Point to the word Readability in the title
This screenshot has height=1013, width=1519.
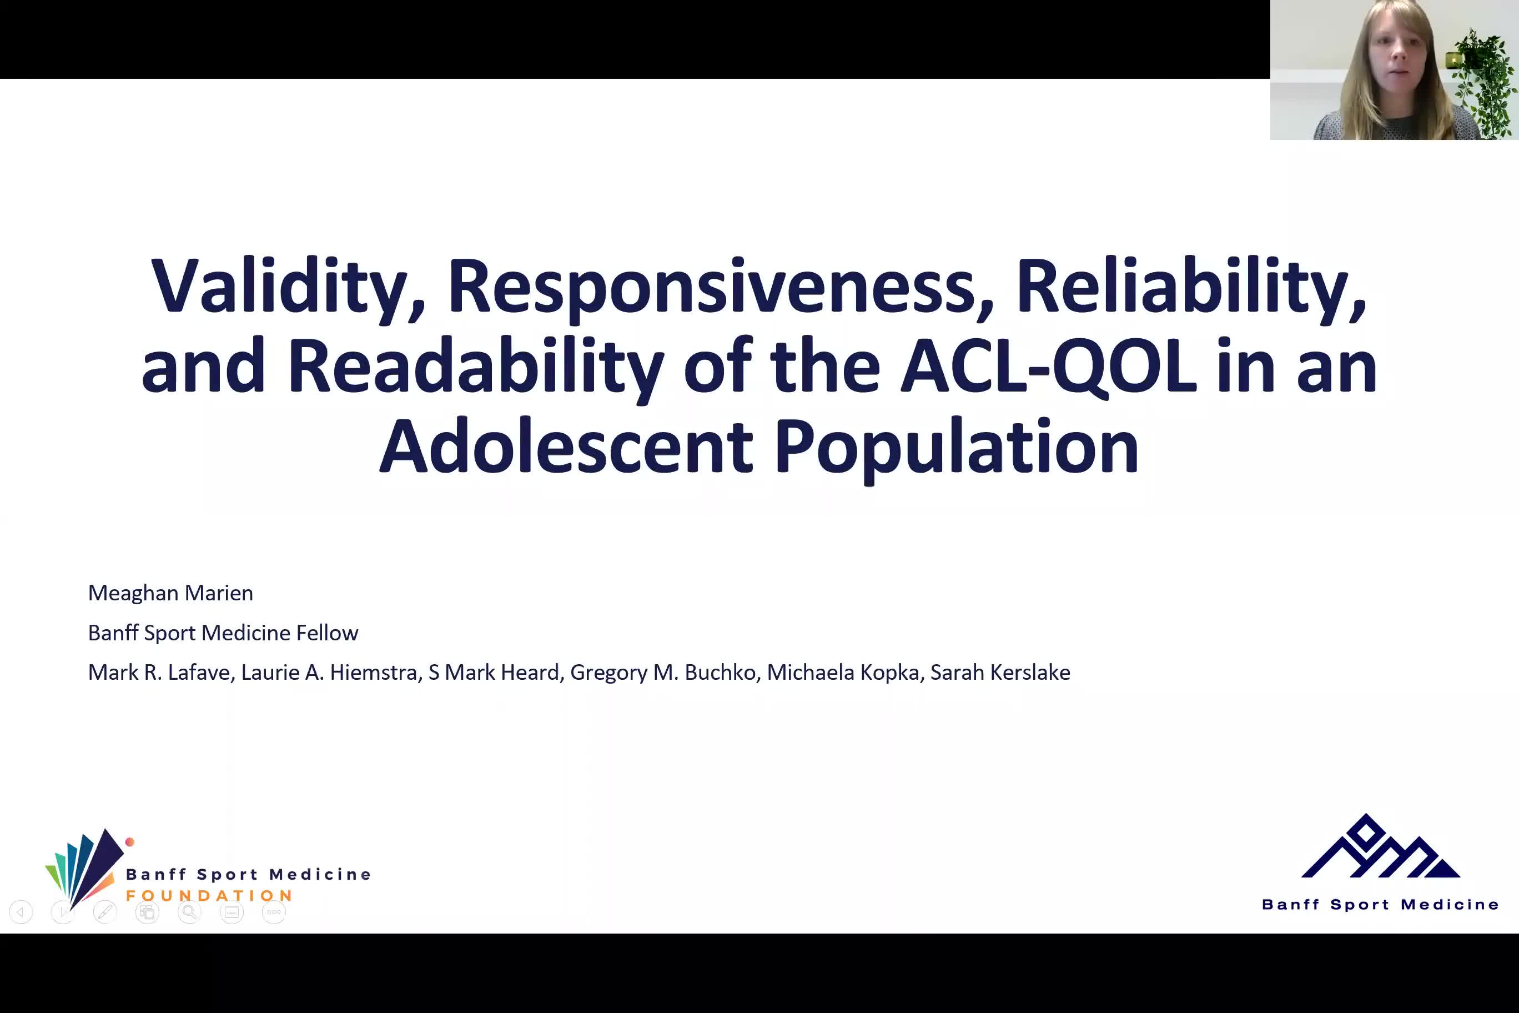476,367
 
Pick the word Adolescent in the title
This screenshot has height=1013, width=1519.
566,447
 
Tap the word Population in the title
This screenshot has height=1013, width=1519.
957,448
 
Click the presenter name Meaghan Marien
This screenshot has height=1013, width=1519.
170,593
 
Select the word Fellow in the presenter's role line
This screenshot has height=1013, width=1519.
327,633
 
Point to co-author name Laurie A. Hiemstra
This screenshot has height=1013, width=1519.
331,673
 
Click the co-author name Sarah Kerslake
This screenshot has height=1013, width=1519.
1000,673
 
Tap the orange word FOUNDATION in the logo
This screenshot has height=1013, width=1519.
209,896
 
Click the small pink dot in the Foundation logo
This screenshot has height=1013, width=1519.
130,842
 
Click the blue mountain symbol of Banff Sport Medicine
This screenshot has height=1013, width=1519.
1380,846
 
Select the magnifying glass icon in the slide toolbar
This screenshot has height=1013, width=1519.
189,911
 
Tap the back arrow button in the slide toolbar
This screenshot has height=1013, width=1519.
21,911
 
